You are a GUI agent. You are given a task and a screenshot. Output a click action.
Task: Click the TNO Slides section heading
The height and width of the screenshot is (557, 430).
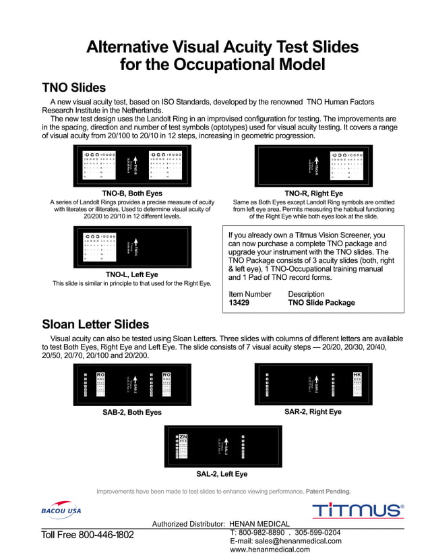coord(73,88)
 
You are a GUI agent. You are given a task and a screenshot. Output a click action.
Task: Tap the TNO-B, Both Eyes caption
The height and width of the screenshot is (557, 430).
coord(132,193)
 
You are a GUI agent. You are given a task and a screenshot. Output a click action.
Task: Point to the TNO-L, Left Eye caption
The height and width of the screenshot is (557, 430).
coord(132,274)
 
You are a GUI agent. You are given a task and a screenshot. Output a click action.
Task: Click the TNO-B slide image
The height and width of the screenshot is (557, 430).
coord(132,165)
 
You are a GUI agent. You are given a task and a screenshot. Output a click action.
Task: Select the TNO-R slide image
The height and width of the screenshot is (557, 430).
coord(313,165)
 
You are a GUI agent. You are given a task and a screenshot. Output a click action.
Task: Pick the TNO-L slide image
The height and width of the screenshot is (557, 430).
coord(132,247)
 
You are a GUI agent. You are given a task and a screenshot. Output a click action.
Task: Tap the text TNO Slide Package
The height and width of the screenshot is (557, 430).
coord(321,303)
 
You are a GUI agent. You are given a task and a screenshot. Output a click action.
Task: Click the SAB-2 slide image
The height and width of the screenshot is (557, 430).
coord(132,384)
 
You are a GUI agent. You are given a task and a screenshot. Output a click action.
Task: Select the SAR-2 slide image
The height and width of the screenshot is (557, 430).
coord(313,384)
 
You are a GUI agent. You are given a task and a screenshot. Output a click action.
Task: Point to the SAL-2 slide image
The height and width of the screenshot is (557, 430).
coord(223,446)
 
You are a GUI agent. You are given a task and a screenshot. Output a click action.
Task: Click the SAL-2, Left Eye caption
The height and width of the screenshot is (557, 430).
coord(222,474)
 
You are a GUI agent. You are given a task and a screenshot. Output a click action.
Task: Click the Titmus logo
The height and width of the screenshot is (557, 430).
coord(357,510)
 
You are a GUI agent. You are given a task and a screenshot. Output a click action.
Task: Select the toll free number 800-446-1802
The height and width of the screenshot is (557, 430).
coord(88,535)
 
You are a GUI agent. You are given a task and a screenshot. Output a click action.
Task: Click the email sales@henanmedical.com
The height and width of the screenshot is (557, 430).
coord(286,541)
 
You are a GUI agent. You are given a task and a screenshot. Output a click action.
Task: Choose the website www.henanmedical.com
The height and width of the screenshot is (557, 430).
coord(270,550)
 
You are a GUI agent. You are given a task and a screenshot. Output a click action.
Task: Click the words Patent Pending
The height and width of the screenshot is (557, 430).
coord(328,491)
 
